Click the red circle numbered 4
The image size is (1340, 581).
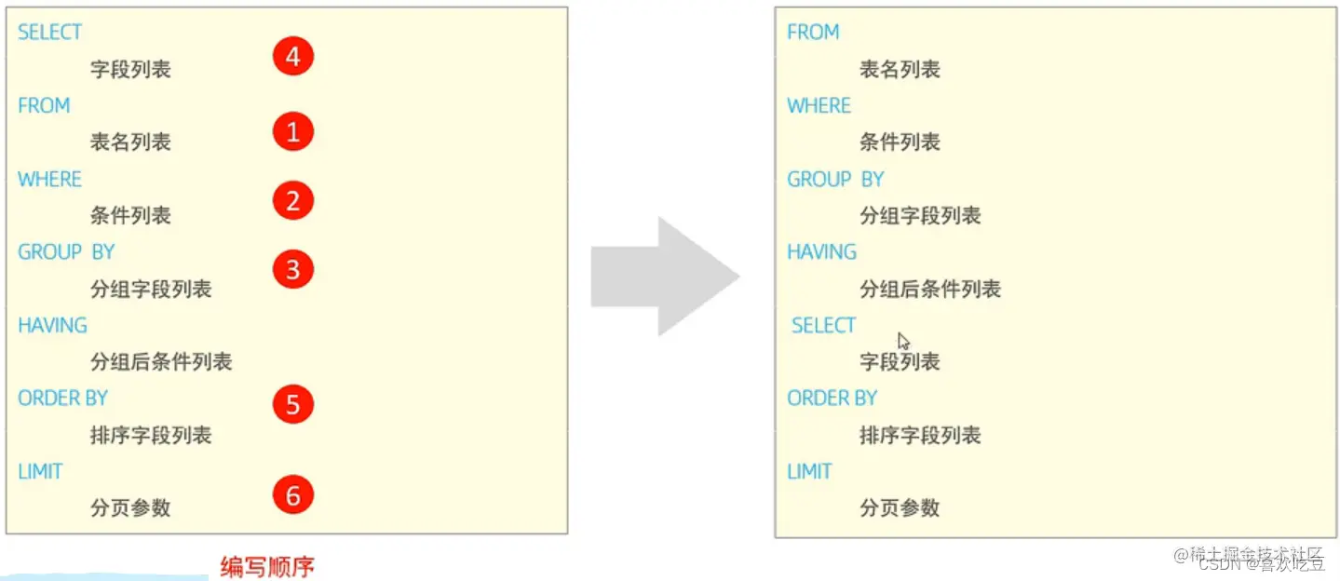(292, 58)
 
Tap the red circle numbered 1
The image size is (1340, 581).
(292, 132)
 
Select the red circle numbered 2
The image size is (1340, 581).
(292, 200)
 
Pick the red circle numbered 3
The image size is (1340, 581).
(292, 270)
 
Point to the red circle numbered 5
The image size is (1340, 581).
(292, 405)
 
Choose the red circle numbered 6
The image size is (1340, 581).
(292, 495)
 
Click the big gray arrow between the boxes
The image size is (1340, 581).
(665, 276)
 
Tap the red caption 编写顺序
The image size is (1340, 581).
(267, 567)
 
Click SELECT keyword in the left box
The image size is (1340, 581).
(49, 33)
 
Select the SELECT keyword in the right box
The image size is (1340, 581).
(823, 326)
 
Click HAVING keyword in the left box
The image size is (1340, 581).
(52, 326)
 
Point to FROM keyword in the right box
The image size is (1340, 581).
(813, 33)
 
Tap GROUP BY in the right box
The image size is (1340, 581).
(835, 180)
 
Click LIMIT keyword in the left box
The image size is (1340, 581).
(40, 472)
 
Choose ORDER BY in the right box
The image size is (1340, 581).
(832, 399)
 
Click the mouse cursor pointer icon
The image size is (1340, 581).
(903, 341)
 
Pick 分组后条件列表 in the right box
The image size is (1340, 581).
(929, 290)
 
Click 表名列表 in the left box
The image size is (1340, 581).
(130, 142)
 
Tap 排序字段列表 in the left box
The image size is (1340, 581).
(151, 435)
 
